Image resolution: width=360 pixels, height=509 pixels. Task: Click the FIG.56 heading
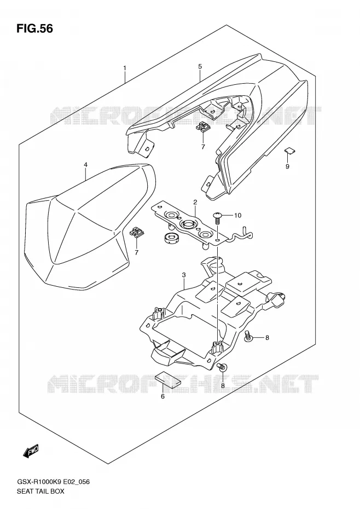(34, 28)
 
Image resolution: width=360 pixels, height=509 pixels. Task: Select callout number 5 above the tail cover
(200, 67)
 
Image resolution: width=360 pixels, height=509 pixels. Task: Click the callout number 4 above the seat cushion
(86, 165)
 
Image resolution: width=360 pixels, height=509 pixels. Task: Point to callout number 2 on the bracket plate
(195, 203)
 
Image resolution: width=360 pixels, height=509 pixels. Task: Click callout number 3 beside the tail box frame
(184, 275)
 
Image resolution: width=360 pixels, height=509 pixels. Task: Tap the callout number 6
(162, 396)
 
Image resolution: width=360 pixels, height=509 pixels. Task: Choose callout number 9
(287, 166)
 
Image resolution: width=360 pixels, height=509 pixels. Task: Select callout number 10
(237, 215)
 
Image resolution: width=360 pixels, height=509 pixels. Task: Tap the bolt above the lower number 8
(223, 367)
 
